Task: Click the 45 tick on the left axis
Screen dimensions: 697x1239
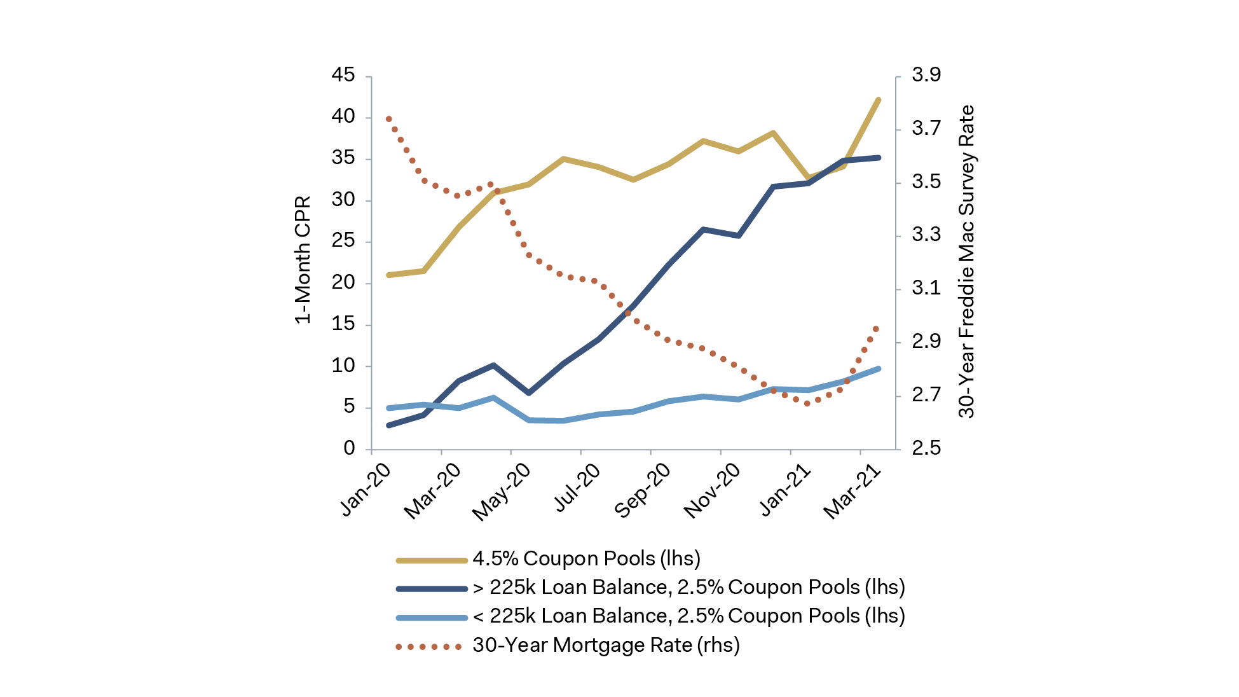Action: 343,75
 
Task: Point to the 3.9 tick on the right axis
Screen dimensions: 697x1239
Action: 926,75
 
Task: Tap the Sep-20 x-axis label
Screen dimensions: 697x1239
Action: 642,490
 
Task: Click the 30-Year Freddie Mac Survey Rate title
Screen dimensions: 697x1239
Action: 966,261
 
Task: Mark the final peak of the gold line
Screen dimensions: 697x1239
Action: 879,100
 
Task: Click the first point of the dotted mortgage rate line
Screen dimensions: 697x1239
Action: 388,119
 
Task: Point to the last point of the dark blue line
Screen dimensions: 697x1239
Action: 879,157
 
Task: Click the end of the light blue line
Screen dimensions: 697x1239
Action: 879,369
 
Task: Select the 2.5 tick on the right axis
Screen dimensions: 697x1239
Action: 926,448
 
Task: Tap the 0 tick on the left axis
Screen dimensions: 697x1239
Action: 349,448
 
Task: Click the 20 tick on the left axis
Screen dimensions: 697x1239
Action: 343,282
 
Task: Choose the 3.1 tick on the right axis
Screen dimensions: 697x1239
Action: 926,288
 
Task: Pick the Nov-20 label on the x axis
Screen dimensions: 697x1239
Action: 712,490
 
